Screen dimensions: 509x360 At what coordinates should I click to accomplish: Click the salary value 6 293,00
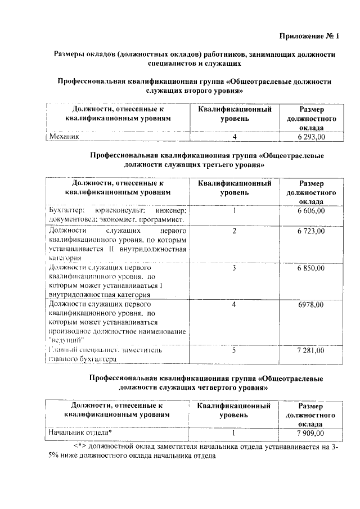click(x=311, y=136)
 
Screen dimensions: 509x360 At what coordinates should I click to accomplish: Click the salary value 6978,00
click(x=311, y=304)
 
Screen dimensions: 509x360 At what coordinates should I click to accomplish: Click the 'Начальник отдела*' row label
click(x=80, y=433)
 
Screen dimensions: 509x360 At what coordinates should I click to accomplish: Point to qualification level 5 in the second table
click(x=234, y=350)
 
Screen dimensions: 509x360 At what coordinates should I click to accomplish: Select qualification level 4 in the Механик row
click(x=234, y=136)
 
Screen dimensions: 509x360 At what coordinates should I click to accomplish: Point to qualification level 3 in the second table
click(x=234, y=268)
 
